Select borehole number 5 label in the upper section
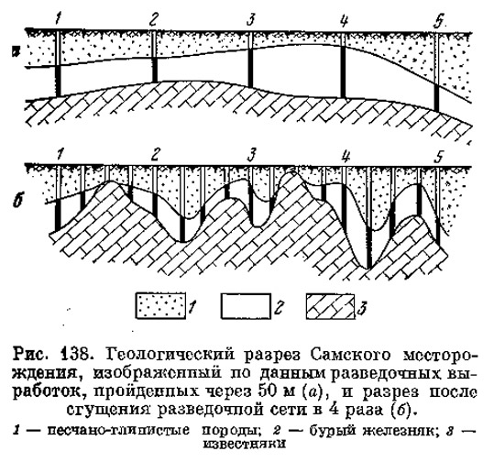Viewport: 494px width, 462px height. (438, 21)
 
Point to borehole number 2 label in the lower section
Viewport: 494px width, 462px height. (155, 154)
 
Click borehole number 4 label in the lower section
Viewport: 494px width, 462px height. (346, 154)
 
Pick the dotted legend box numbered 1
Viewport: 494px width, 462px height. (160, 306)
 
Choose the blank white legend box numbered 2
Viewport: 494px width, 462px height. (246, 306)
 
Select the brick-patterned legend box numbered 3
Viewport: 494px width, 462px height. (331, 306)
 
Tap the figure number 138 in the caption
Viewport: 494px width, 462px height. (75, 355)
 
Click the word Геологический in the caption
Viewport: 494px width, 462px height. (172, 356)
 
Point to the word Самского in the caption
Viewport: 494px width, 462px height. (350, 355)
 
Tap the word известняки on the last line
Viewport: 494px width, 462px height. (245, 444)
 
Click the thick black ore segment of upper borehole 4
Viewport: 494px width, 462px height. (343, 71)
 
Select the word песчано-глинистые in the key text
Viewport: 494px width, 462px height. (119, 430)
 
